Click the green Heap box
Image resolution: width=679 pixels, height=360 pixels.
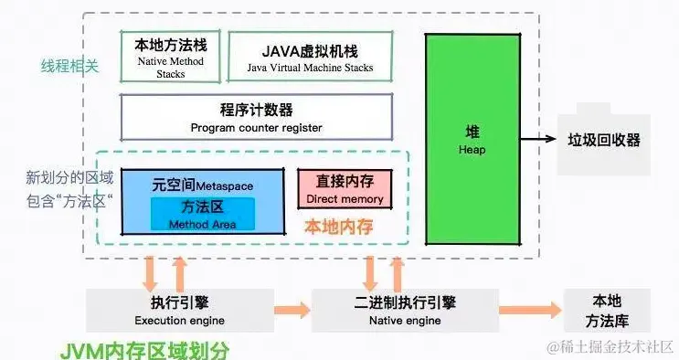(472, 138)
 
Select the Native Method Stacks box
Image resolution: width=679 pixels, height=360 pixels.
(170, 56)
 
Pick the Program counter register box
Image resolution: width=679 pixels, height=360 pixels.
(256, 117)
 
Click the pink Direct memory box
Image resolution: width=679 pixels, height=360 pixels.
(344, 188)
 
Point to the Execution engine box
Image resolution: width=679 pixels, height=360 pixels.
(178, 310)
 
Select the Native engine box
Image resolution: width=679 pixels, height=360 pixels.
(404, 310)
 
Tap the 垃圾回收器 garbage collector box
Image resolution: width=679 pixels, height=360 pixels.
(604, 142)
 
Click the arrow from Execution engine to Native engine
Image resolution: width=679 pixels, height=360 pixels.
(292, 311)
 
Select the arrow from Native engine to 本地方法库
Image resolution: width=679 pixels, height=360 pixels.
(530, 310)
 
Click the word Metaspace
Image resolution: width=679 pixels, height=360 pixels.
(225, 185)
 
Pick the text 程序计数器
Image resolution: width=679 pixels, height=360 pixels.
(256, 109)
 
